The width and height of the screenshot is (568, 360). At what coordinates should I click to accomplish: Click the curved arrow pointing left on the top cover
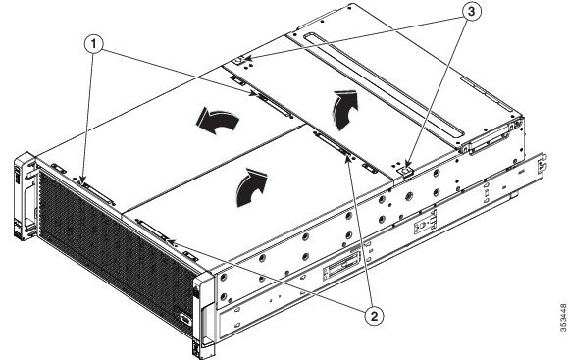click(x=219, y=122)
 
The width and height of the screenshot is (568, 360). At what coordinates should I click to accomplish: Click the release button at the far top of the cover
click(x=242, y=62)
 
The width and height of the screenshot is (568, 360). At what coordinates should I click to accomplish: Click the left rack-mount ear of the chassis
click(x=23, y=196)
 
